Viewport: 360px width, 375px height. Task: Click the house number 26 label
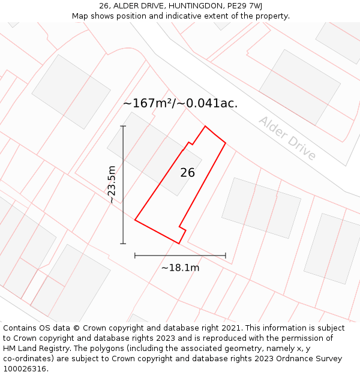click(x=187, y=173)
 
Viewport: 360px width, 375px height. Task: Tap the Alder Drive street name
click(x=287, y=138)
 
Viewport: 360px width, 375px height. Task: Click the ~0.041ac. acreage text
click(x=212, y=103)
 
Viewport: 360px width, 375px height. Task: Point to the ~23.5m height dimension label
click(x=112, y=185)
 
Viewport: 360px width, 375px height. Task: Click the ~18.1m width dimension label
click(x=180, y=268)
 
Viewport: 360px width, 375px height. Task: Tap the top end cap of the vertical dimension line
click(x=123, y=126)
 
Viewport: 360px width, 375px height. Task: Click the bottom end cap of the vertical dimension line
click(x=123, y=244)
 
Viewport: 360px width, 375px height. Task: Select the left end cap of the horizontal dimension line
click(x=135, y=256)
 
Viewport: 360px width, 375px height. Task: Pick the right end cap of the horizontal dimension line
click(x=226, y=256)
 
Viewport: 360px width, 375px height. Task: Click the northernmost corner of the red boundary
click(x=206, y=126)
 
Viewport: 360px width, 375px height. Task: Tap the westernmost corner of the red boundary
click(x=135, y=220)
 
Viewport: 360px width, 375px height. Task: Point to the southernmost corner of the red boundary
click(x=179, y=244)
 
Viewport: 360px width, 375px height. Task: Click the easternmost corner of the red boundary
click(x=226, y=143)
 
